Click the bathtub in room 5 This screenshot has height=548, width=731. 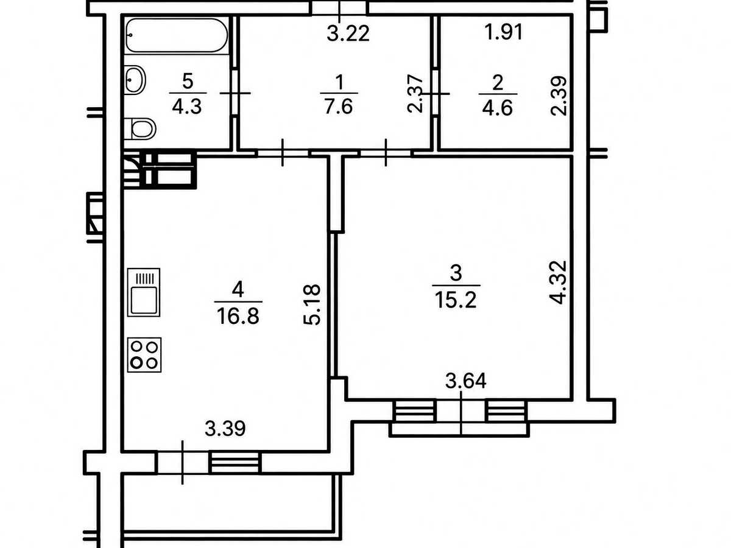[177, 35]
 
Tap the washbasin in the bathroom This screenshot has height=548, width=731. [135, 80]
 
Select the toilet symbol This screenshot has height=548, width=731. [141, 128]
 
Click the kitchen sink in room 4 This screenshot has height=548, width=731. [144, 292]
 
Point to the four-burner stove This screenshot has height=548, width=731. [144, 355]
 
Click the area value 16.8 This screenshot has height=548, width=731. [238, 316]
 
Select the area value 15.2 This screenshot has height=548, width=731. [456, 300]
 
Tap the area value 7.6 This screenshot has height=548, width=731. [339, 107]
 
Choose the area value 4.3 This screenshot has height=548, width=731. [187, 107]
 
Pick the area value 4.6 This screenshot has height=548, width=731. [498, 108]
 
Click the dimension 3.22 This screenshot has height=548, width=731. [348, 33]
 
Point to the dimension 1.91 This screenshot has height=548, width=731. [504, 32]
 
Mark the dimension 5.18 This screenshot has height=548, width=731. [312, 304]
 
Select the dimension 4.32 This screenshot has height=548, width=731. [558, 282]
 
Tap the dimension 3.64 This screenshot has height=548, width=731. [465, 381]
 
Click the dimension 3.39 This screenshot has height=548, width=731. [225, 428]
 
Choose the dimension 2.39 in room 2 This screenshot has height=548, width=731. [558, 96]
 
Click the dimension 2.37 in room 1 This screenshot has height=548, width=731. [415, 94]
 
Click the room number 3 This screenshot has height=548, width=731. [456, 273]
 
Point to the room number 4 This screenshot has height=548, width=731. [238, 289]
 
